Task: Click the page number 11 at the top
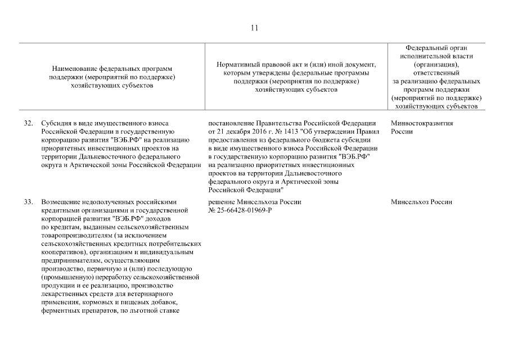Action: [254, 27]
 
